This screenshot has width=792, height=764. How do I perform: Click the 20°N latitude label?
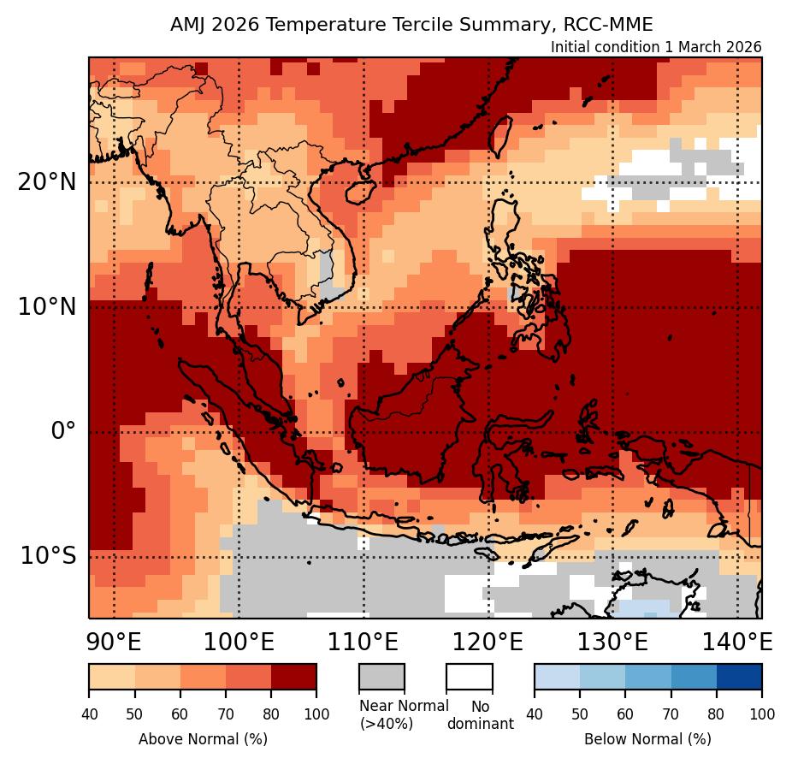pos(46,182)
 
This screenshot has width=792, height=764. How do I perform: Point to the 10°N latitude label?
pos(46,307)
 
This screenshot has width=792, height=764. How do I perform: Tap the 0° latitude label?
pos(63,431)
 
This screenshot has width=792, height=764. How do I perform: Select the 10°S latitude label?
pos(46,556)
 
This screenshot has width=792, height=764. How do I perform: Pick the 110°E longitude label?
pos(363,641)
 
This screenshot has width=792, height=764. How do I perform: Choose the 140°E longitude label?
pos(737,641)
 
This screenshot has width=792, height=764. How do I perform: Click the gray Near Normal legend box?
pos(381,676)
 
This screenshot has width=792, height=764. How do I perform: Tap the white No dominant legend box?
pos(469,676)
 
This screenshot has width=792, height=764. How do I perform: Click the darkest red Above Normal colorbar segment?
pos(293,676)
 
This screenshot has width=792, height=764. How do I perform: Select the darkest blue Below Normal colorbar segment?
pos(738,676)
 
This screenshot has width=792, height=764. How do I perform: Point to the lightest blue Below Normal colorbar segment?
pos(557,676)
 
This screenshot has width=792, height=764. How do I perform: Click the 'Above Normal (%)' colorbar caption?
pos(203,738)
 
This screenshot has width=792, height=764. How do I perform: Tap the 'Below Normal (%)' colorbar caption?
pos(647,738)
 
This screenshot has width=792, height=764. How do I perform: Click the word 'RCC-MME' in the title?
pos(614,25)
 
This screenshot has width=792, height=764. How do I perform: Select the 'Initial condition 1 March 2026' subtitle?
pos(656,47)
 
